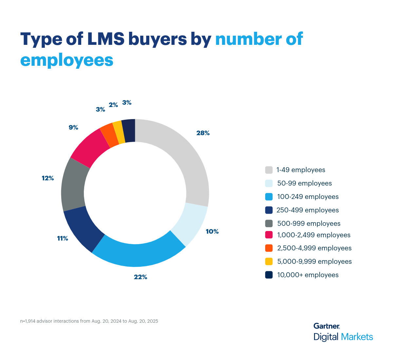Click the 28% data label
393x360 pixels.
[203, 133]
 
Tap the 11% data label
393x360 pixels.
[63, 238]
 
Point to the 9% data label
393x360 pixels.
[73, 127]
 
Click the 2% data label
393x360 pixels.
[113, 105]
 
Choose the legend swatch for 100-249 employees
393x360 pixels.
[269, 197]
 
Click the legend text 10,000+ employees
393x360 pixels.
[308, 275]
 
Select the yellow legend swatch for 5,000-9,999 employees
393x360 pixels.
[269, 261]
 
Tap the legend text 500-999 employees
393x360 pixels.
[309, 224]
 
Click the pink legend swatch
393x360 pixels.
[269, 235]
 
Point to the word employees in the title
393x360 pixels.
[67, 60]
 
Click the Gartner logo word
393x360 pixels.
[326, 326]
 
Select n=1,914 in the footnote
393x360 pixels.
[28, 321]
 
